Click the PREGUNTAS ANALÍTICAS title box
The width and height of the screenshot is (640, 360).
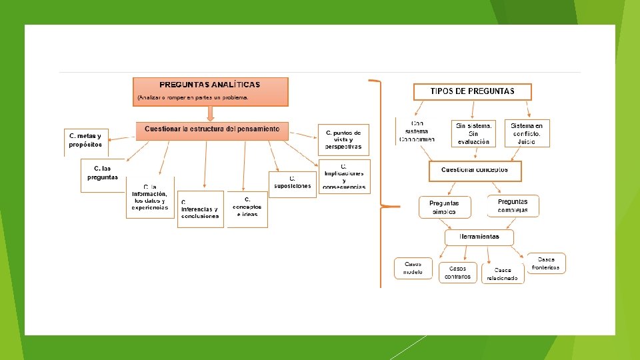pos(211,91)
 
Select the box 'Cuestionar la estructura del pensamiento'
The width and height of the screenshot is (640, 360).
pos(212,131)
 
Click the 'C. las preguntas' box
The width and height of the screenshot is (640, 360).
pos(103,173)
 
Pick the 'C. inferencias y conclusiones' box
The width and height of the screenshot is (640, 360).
pos(200,209)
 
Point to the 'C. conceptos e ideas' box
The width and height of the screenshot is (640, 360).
pos(247,209)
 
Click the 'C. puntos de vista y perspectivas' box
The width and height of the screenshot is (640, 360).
pos(343,140)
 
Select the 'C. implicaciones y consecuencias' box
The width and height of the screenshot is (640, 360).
pos(344,177)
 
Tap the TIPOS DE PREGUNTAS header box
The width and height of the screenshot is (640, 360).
pos(473,91)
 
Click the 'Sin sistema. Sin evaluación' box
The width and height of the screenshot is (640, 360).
pos(474,133)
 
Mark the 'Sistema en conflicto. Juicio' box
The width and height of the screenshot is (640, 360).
pos(527,133)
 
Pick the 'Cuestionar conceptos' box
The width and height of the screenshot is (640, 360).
pos(475,171)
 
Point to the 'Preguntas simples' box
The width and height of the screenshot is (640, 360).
pos(444,207)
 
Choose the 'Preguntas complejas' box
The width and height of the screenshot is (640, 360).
pos(513,206)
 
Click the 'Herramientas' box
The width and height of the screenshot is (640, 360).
pos(479,237)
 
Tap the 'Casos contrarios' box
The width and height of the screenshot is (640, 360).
pos(458,272)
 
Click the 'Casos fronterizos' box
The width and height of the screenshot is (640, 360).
pos(546,263)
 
